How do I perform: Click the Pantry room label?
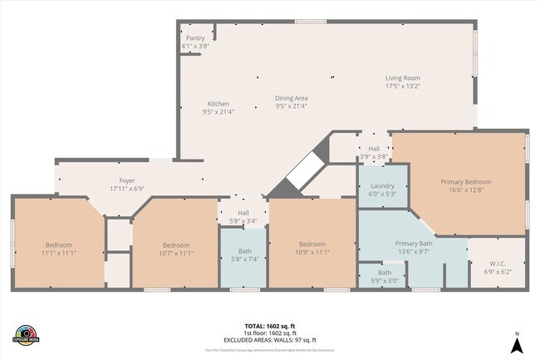point(195,38)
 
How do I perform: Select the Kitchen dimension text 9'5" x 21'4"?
point(218,111)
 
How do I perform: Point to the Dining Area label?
point(292,98)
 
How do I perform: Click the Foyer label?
point(127,180)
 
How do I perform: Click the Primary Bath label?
point(412,244)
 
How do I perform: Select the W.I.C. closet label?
point(498,264)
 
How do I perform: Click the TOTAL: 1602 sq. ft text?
point(269,325)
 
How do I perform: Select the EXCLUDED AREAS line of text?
point(269,340)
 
